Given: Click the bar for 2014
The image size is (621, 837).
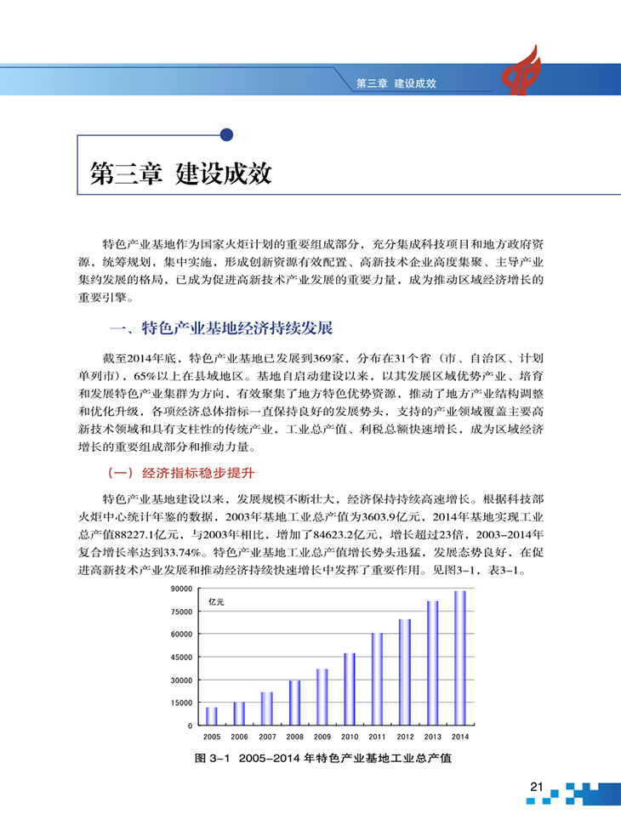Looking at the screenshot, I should pyautogui.click(x=460, y=658).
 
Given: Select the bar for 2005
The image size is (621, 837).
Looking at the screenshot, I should pyautogui.click(x=212, y=715).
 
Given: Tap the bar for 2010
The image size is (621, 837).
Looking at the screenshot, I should pyautogui.click(x=350, y=689).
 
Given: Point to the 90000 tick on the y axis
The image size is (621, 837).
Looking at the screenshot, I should pyautogui.click(x=181, y=589).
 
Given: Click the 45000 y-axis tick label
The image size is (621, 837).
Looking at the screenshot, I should pyautogui.click(x=181, y=657).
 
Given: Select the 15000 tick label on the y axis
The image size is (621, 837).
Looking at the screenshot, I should pyautogui.click(x=181, y=703).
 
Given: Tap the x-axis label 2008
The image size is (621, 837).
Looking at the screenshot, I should pyautogui.click(x=294, y=737).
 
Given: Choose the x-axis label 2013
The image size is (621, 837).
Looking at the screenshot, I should pyautogui.click(x=433, y=737).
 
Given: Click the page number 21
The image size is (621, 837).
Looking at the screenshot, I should pyautogui.click(x=536, y=787).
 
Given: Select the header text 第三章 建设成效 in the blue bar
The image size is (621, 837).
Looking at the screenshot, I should pyautogui.click(x=396, y=84).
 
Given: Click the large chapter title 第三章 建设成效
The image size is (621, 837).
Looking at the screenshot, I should pyautogui.click(x=180, y=174).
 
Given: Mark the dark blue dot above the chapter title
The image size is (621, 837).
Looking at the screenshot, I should pyautogui.click(x=226, y=134).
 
